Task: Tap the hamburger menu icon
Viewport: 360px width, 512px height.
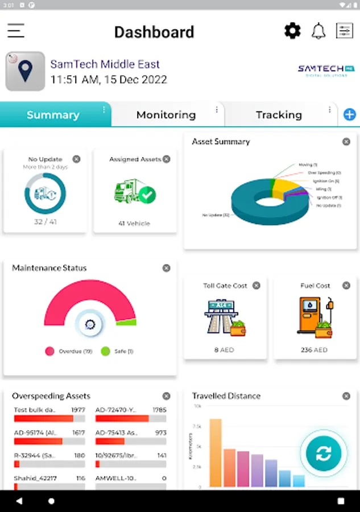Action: click(x=16, y=31)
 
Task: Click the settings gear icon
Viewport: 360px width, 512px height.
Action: click(x=292, y=31)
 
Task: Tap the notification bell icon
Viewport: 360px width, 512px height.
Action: click(x=318, y=31)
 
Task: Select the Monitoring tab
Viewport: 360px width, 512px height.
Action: click(x=165, y=115)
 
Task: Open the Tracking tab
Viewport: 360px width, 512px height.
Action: click(x=279, y=115)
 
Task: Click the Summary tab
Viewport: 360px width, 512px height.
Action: click(x=53, y=115)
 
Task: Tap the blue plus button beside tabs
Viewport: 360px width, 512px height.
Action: click(x=350, y=115)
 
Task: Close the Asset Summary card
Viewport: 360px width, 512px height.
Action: click(x=346, y=142)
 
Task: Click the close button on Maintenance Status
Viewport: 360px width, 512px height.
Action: click(x=166, y=268)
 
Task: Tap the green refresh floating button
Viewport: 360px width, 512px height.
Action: click(x=324, y=453)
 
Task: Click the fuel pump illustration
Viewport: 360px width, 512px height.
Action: click(x=315, y=317)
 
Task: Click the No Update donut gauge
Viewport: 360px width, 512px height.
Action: click(x=45, y=193)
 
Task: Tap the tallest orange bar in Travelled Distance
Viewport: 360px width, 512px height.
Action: click(x=216, y=453)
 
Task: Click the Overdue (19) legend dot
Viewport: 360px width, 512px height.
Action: click(x=50, y=352)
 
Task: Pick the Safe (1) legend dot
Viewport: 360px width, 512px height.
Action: click(x=105, y=352)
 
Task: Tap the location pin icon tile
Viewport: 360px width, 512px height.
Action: click(x=25, y=72)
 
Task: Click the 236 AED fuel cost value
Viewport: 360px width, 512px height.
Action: click(x=315, y=350)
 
